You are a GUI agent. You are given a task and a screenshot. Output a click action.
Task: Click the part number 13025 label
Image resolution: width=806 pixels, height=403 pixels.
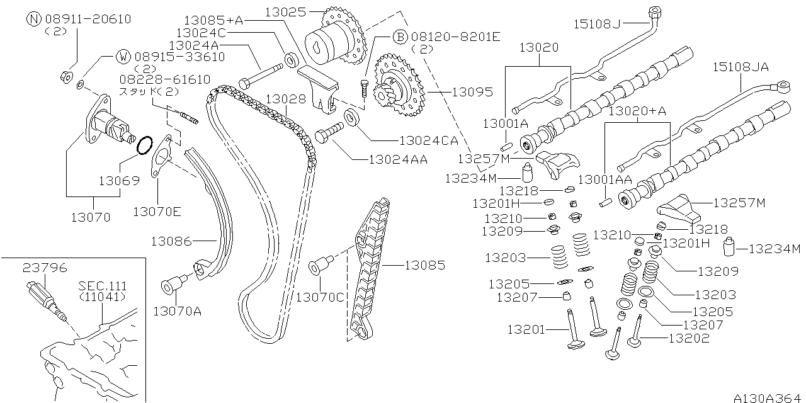(285, 12)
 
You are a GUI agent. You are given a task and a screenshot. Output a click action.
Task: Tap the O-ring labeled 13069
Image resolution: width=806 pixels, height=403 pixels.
(144, 145)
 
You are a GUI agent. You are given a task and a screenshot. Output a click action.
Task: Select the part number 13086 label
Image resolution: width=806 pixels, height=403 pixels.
(171, 241)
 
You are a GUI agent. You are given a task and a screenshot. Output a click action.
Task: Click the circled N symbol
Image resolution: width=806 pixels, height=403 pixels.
(35, 19)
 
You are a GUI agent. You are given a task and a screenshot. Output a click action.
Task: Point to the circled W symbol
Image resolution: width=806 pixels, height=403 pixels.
(124, 57)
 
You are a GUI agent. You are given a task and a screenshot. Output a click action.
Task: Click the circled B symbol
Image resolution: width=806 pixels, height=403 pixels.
(400, 37)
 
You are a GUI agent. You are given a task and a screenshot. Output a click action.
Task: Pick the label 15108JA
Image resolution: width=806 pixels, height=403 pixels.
(740, 67)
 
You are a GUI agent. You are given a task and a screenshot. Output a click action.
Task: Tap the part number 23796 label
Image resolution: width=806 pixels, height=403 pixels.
(45, 267)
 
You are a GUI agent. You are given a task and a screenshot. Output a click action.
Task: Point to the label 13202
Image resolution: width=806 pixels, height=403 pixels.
(689, 338)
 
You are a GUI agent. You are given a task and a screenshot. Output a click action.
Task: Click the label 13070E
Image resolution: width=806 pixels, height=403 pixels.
(157, 212)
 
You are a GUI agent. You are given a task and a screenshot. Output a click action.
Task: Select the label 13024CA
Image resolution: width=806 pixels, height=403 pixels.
(428, 140)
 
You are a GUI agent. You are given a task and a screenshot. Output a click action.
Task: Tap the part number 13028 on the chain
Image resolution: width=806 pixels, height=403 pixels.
(285, 99)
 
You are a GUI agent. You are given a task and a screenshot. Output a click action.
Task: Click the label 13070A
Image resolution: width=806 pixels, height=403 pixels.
(176, 310)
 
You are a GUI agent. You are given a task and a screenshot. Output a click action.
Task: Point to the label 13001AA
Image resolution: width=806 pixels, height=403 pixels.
(607, 179)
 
